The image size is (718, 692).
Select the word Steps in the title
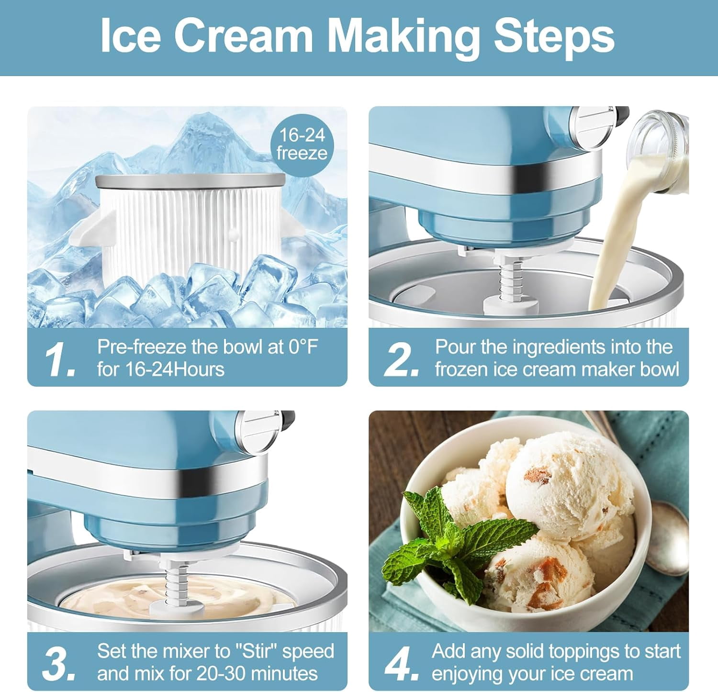tap(554, 38)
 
